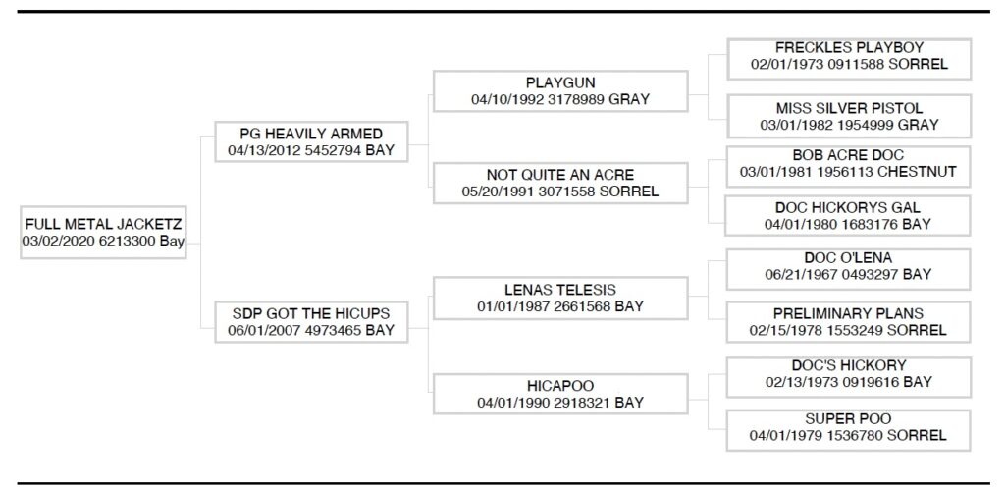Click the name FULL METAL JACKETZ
click(103, 225)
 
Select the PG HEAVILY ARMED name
click(311, 134)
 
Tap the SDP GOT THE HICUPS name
click(310, 313)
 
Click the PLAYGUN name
click(559, 82)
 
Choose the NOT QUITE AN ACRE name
click(559, 175)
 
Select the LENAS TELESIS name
click(559, 289)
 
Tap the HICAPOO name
click(559, 386)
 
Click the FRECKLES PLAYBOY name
click(849, 47)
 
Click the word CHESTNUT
click(917, 172)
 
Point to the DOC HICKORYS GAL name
click(849, 207)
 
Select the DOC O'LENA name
click(849, 257)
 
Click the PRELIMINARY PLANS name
click(849, 313)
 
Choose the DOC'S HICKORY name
click(849, 364)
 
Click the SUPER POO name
click(849, 418)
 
